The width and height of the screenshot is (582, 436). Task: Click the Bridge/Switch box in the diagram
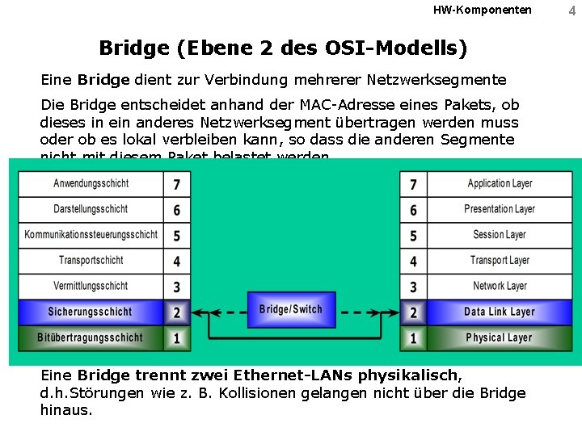[291, 310]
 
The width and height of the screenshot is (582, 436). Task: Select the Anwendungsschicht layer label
[91, 183]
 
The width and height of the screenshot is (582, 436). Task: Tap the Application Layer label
[500, 183]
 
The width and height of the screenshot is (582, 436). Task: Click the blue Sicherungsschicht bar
[91, 312]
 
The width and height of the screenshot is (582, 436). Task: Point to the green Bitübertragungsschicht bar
[91, 337]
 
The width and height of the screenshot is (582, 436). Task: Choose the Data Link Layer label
[500, 312]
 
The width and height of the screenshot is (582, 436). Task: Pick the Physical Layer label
[500, 337]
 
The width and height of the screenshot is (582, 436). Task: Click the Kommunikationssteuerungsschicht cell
[91, 235]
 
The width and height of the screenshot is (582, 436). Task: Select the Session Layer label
[500, 235]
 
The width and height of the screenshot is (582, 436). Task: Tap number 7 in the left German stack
[177, 184]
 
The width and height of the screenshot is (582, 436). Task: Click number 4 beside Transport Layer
[413, 261]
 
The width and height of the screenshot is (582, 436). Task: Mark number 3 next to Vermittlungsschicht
[177, 287]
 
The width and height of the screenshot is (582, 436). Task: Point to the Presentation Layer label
[500, 209]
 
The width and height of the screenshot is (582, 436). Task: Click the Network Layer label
[500, 286]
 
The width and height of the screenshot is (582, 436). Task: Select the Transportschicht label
[91, 260]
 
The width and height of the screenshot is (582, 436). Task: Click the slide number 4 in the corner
[572, 10]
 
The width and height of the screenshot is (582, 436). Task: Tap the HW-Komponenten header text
[483, 10]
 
